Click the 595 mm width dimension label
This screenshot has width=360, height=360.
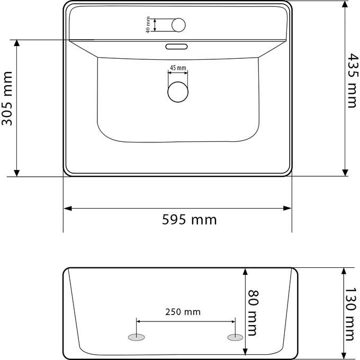(x=189, y=220)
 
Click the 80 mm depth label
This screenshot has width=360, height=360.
(x=253, y=313)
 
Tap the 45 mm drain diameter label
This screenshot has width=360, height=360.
(x=178, y=68)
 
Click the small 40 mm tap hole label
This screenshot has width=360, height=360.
(x=149, y=25)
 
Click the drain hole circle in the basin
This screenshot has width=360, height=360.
(x=178, y=91)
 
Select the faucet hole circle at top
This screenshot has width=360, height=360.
(x=179, y=25)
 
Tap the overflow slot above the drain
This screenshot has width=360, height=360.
(x=177, y=47)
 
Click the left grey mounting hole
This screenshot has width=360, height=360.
(x=136, y=337)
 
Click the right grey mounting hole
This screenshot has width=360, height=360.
(x=234, y=337)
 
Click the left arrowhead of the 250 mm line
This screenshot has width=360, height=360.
(x=139, y=321)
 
